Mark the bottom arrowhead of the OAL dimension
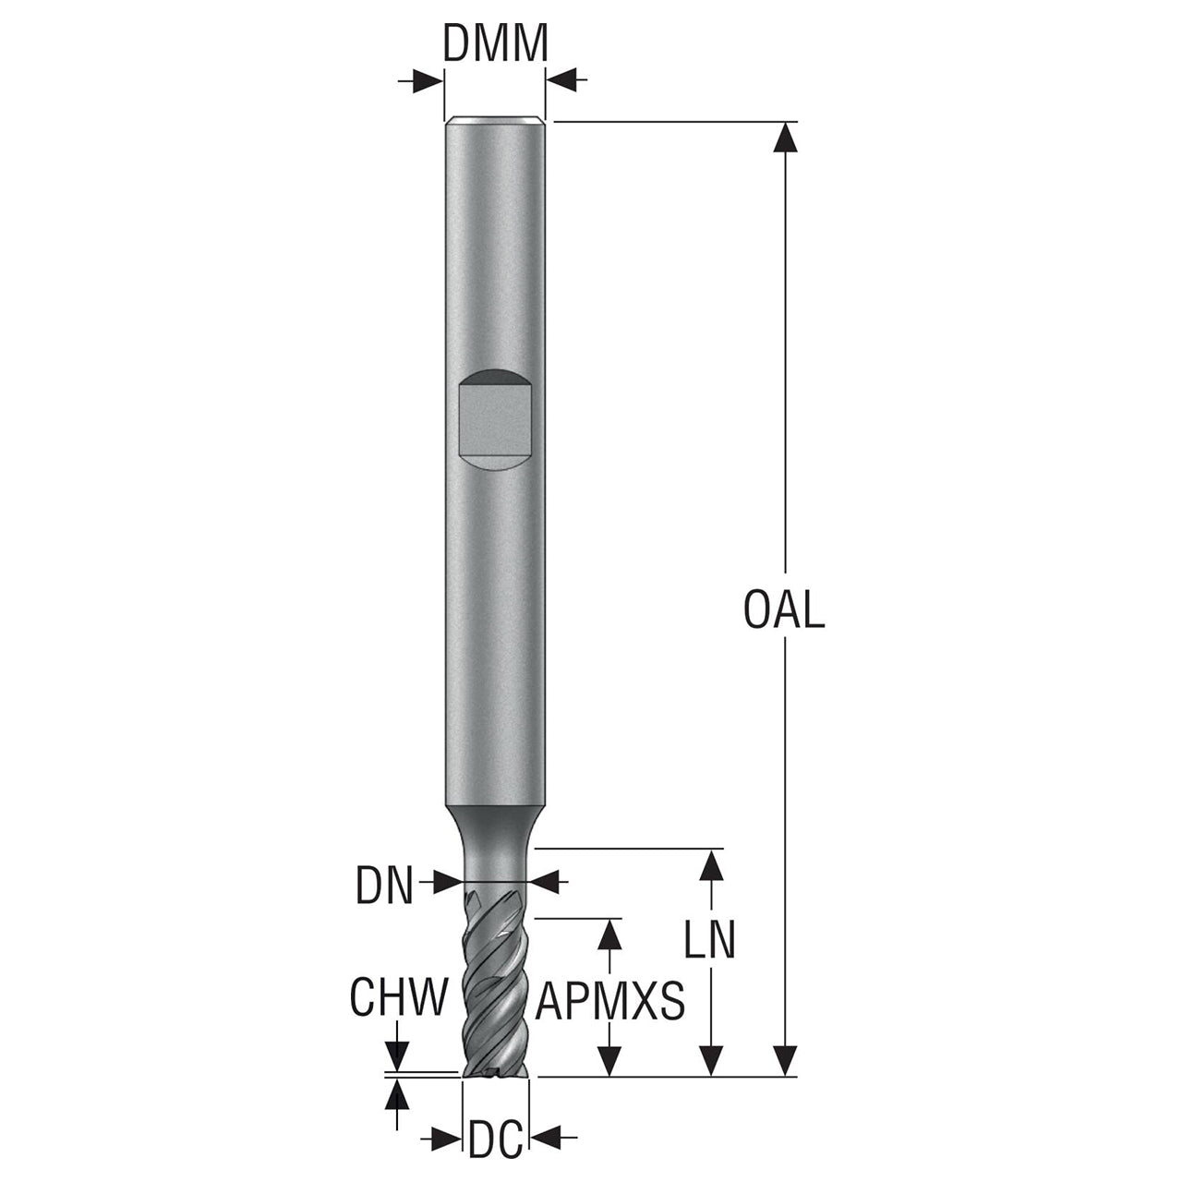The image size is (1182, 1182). pos(785,1060)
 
